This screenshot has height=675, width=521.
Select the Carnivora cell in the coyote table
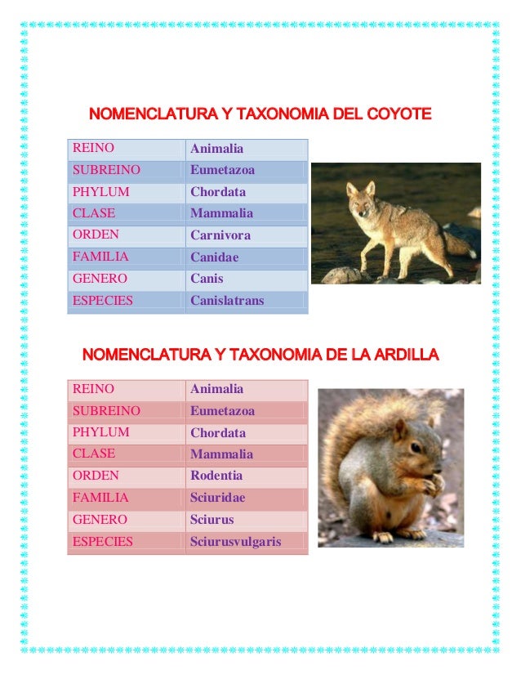point(220,235)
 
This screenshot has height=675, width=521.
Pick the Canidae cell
point(215,257)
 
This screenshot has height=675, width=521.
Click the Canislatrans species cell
point(227,301)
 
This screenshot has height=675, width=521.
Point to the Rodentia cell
point(216,476)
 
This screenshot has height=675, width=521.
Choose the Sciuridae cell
point(217,498)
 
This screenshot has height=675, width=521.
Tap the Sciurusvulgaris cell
point(235,541)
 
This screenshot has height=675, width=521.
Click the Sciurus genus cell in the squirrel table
point(212,520)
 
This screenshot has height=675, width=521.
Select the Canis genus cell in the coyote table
point(207,279)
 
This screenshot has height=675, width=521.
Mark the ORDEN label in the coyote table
point(96,235)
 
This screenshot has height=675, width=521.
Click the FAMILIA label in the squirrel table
point(100,497)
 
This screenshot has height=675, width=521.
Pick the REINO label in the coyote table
point(93,148)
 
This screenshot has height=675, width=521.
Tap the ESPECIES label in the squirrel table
point(103,540)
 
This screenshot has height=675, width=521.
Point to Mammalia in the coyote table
point(221,213)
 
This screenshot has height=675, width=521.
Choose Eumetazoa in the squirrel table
point(222,411)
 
